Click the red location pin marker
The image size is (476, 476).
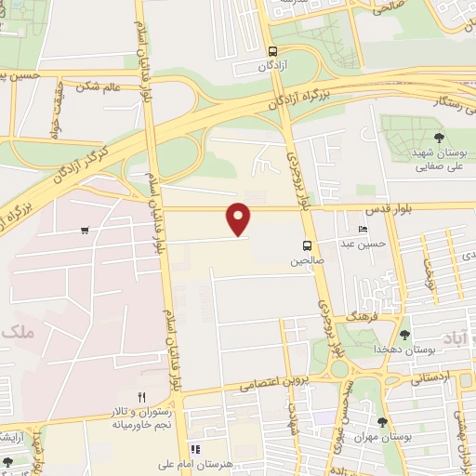pyautogui.click(x=240, y=218)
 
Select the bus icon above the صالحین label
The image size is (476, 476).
pyautogui.click(x=306, y=246)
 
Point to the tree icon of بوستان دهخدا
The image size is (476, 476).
pyautogui.click(x=404, y=335)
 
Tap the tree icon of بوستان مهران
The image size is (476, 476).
pyautogui.click(x=382, y=422)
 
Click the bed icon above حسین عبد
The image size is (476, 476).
pyautogui.click(x=363, y=229)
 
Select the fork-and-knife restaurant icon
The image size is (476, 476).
pyautogui.click(x=141, y=397)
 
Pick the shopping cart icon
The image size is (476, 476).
pyautogui.click(x=86, y=230)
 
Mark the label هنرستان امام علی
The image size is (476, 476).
pyautogui.click(x=211, y=463)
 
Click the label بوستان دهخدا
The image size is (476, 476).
pyautogui.click(x=401, y=350)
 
